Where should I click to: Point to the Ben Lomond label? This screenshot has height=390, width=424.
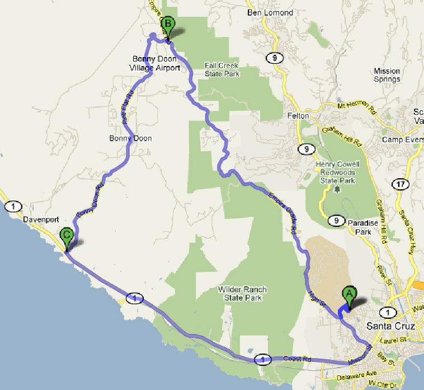(270, 12)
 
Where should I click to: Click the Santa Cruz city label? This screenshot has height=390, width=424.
(390, 326)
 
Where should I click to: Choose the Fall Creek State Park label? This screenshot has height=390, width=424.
(222, 69)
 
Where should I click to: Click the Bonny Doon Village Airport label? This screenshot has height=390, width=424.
(155, 63)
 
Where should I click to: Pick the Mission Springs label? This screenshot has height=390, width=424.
(387, 75)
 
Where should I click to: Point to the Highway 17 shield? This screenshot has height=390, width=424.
(399, 184)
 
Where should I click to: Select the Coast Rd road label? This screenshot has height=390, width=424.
(296, 359)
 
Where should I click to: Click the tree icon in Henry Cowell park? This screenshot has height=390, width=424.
(337, 189)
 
